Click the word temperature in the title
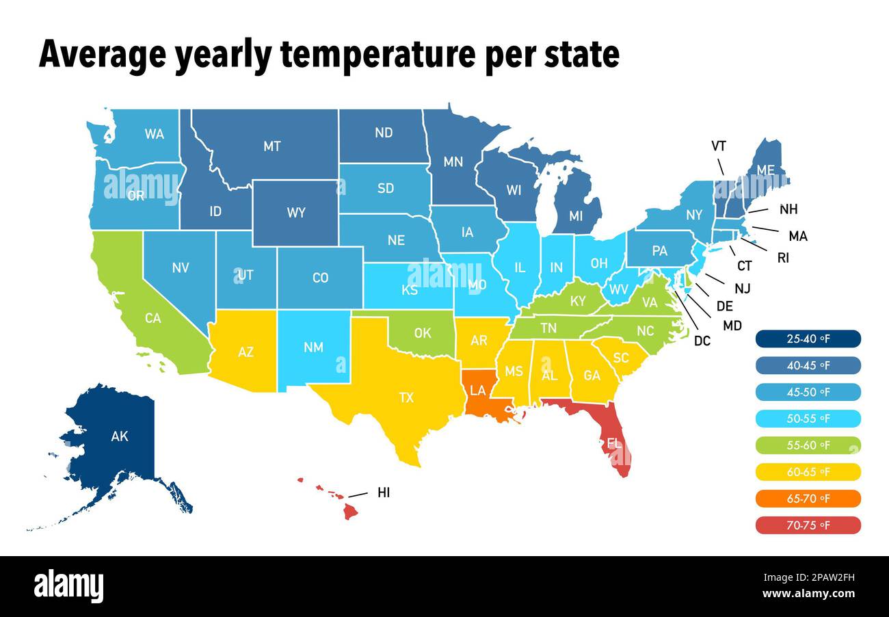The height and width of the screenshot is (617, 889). (x=378, y=55)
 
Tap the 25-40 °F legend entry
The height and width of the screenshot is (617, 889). (x=808, y=339)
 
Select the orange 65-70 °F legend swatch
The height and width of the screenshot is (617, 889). (x=808, y=499)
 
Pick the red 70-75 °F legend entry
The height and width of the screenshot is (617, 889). (x=808, y=525)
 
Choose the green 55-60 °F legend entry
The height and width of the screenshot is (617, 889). (x=808, y=445)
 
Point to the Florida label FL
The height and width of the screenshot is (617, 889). (x=614, y=443)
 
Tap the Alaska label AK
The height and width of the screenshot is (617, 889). (x=120, y=436)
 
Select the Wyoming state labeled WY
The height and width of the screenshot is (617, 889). (x=296, y=213)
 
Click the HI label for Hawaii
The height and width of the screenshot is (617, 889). (x=384, y=493)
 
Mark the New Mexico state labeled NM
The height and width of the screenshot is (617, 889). (x=313, y=347)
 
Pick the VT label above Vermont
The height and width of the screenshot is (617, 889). (x=718, y=146)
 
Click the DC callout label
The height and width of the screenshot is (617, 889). (x=702, y=341)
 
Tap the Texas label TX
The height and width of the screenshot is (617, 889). (x=406, y=397)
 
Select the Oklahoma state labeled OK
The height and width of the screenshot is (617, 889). (x=423, y=334)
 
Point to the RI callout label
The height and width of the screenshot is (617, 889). (x=782, y=259)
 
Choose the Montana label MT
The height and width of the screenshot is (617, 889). (x=272, y=146)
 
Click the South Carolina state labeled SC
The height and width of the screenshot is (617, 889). (x=620, y=358)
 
